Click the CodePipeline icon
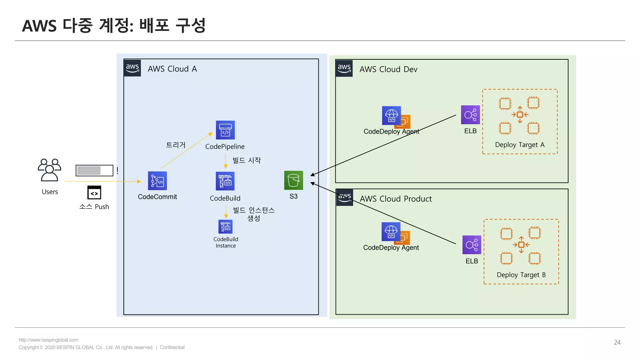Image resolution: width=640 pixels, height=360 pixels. pos(225,130)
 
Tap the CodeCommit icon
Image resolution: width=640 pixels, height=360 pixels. pos(157,181)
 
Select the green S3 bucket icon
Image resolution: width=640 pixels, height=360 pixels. pos(293,180)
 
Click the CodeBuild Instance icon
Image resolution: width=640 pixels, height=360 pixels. pos(225,227)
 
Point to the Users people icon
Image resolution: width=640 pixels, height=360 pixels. pos(49,170)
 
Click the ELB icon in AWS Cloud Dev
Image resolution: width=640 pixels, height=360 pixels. pos(470,115)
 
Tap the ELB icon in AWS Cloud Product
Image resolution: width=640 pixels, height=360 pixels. pos(472,245)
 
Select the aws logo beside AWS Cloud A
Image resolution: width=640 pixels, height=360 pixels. pos(132,68)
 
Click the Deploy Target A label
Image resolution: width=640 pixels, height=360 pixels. pos(520,145)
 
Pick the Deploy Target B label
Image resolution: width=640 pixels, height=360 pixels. pos(521,275)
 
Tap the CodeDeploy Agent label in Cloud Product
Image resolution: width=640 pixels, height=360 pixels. pos(391,247)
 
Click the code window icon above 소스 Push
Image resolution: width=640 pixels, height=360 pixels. pos(94,192)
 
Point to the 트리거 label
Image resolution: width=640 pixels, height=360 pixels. pos(176,145)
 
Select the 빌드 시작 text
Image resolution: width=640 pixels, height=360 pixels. pos(247,160)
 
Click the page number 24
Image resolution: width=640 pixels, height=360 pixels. pos(617,342)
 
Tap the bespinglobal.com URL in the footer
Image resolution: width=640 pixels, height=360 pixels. pos(48,340)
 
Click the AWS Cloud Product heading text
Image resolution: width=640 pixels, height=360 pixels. pos(396,199)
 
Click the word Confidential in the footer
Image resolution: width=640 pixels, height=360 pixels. pos(172,347)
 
